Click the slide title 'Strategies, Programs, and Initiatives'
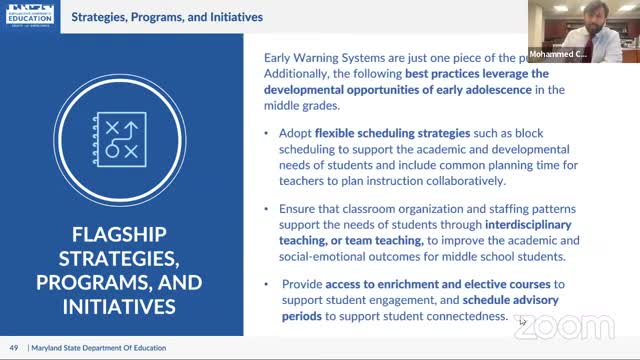pos(180,17)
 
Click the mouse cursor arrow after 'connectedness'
pos(523,321)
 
